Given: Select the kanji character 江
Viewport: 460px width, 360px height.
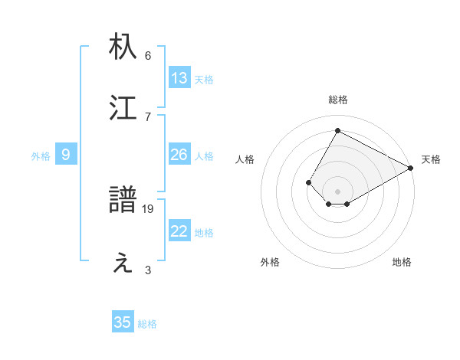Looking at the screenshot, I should point(123,108).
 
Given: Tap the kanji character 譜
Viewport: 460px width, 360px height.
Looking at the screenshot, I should point(123,201).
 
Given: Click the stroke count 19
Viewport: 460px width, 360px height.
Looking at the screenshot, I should point(149,208).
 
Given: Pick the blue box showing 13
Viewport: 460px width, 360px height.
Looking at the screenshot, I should point(179,78).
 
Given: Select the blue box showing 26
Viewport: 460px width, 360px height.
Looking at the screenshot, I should point(179,155).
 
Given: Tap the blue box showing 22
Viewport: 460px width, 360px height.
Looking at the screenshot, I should point(179,231).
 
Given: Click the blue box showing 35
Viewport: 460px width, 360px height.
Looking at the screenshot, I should point(123,322).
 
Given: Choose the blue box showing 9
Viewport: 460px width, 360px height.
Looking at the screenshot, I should point(66,155).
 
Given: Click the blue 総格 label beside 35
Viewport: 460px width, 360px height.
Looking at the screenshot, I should point(147,324).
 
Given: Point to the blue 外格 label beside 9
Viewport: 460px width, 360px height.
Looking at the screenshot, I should point(41,155).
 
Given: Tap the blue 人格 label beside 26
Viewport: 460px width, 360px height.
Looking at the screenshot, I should point(204,155).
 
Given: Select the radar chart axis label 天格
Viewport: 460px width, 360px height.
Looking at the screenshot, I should point(431,160).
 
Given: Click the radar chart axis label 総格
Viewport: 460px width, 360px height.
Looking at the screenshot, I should point(337,100).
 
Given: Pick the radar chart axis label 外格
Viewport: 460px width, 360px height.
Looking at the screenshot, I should point(270,262).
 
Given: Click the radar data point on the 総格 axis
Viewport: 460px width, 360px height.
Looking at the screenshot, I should point(337,130).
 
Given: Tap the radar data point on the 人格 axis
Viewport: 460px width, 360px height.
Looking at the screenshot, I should point(308,182).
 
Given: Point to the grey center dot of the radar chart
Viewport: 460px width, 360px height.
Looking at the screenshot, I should point(337,191).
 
